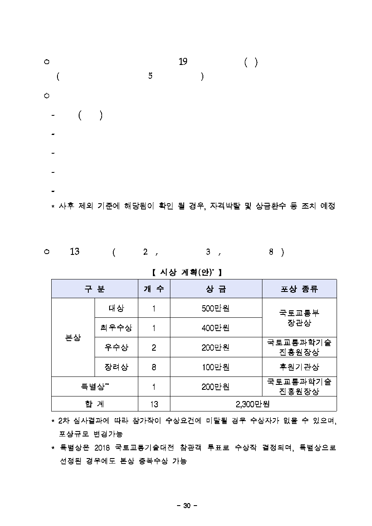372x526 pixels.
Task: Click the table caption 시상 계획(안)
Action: (x=186, y=272)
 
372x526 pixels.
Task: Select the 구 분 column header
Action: (x=95, y=289)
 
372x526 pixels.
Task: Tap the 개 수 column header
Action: (x=154, y=289)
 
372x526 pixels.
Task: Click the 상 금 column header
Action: (x=216, y=289)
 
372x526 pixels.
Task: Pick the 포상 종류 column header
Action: (x=299, y=289)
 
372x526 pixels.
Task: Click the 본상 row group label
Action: (x=73, y=338)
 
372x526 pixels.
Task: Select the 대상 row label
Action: (x=116, y=308)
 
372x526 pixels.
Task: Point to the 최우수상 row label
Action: (x=116, y=328)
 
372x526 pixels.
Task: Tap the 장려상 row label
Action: (x=116, y=367)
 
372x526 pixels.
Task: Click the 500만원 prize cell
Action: (x=216, y=308)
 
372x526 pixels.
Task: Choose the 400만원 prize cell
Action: (x=216, y=328)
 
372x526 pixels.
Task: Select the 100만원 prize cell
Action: (x=216, y=367)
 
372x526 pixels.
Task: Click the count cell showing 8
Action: (x=154, y=367)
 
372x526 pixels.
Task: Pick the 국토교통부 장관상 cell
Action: (x=299, y=317)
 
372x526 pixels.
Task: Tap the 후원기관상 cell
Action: (x=299, y=367)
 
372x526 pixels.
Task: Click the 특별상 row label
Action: (x=95, y=386)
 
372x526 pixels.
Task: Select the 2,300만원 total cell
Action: (x=253, y=404)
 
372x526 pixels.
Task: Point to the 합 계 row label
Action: (x=95, y=404)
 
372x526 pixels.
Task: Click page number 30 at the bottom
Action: (x=186, y=506)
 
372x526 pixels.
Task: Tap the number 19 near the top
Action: (x=182, y=62)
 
